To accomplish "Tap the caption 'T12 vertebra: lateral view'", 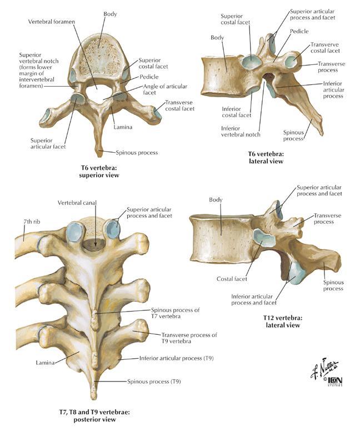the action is [x=282, y=322].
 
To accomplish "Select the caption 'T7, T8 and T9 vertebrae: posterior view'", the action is [x=94, y=416].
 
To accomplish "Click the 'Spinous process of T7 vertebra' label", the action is [x=175, y=313].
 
